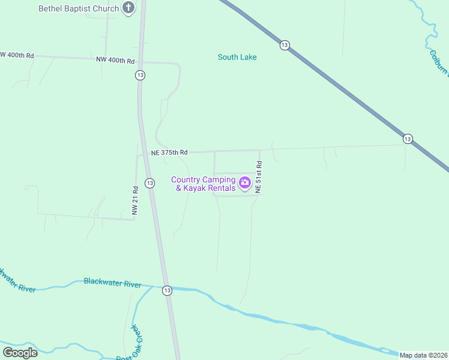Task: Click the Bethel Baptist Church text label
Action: click(79, 8)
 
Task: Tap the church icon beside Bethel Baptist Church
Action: click(128, 8)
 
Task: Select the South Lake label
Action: click(237, 57)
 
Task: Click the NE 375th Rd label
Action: click(169, 153)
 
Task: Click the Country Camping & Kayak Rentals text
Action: click(203, 184)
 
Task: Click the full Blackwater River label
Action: click(112, 282)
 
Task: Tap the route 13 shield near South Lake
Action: click(285, 45)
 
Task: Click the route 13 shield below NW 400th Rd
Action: click(140, 75)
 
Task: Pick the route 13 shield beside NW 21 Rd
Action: click(150, 183)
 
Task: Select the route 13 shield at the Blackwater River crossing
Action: click(167, 290)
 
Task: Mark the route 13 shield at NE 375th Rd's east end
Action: click(408, 139)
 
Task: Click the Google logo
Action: click(20, 352)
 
